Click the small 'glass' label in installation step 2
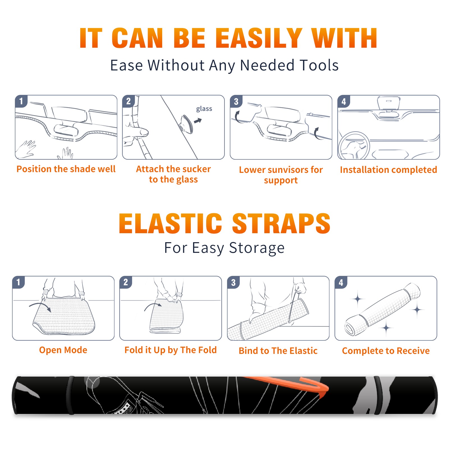[x=204, y=109]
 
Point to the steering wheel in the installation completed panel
[x=354, y=145]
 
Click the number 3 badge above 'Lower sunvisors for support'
[x=236, y=101]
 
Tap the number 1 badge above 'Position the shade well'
[x=21, y=101]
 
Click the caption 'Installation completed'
[x=388, y=170]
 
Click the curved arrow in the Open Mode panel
[x=40, y=306]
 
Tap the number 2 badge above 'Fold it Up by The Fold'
[x=125, y=282]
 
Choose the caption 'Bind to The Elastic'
[x=278, y=351]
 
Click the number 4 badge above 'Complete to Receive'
[x=341, y=282]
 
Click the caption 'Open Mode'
[x=63, y=350]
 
